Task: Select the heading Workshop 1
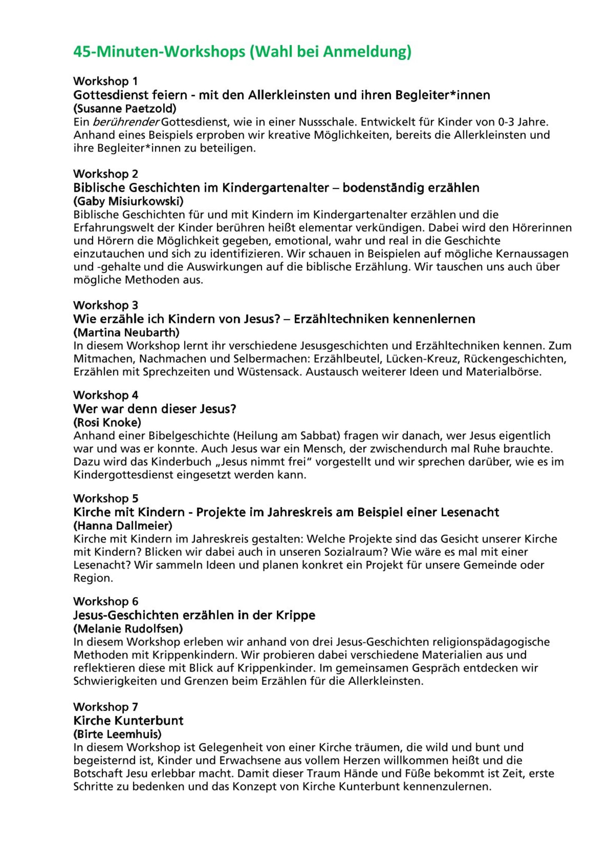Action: (x=106, y=81)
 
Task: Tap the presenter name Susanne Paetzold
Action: (x=125, y=109)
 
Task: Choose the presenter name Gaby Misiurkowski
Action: (x=128, y=202)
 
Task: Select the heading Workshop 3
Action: (x=106, y=305)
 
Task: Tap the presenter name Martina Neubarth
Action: (x=127, y=332)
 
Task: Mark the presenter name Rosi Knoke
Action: (x=107, y=423)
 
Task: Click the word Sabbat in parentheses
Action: (x=319, y=436)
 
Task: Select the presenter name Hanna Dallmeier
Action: (x=123, y=525)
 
